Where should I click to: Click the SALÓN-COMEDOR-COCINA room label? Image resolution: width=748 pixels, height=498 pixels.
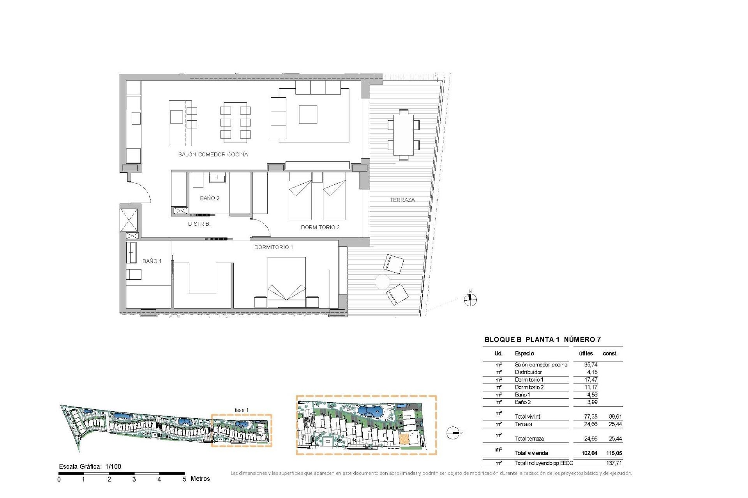(213, 154)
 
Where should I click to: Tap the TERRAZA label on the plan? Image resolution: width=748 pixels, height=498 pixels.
(402, 200)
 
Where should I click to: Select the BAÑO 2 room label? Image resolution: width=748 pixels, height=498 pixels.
(210, 198)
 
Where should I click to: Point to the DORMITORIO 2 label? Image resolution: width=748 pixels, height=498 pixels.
(320, 227)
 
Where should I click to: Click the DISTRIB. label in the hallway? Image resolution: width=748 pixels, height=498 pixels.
(199, 224)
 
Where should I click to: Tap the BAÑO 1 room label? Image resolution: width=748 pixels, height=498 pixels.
(152, 261)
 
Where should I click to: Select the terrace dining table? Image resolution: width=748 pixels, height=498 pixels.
(404, 135)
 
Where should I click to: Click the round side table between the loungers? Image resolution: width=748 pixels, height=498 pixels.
(382, 282)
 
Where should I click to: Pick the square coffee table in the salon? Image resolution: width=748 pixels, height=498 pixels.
(308, 114)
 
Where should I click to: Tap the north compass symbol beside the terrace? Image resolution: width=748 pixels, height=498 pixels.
(470, 299)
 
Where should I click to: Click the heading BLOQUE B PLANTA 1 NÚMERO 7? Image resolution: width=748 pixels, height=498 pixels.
(542, 340)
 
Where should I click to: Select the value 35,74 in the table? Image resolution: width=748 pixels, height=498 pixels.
(591, 365)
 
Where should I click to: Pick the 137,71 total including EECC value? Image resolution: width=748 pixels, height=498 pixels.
(614, 463)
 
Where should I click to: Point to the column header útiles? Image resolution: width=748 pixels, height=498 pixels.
(586, 354)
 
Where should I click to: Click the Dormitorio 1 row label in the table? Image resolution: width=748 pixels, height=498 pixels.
(529, 380)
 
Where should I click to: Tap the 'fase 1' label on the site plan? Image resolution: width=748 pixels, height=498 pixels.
(241, 410)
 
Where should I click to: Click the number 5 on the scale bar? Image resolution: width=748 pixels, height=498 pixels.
(184, 479)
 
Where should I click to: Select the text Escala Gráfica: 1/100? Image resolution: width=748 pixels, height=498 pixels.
(90, 466)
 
